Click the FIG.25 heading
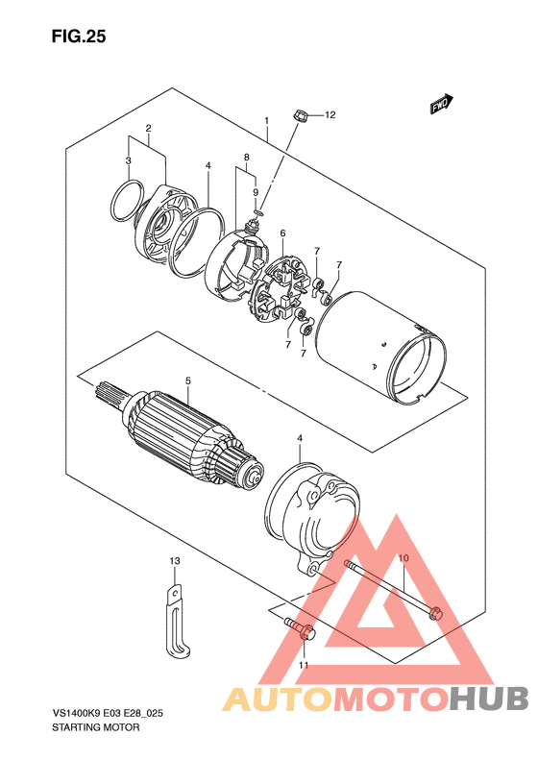(x=79, y=37)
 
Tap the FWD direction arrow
(x=442, y=104)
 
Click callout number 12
(x=330, y=115)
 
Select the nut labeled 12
(x=300, y=116)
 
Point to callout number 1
(x=266, y=120)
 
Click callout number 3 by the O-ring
(x=128, y=159)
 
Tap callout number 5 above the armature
(x=188, y=381)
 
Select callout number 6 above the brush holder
(x=282, y=233)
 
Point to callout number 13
(x=175, y=561)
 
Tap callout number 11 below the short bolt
(x=304, y=665)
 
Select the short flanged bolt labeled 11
(x=301, y=629)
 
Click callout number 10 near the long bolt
(x=403, y=558)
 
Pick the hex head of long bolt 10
(x=435, y=612)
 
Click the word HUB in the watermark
(x=489, y=699)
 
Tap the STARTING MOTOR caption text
(x=95, y=727)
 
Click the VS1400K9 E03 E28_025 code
(x=108, y=714)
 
